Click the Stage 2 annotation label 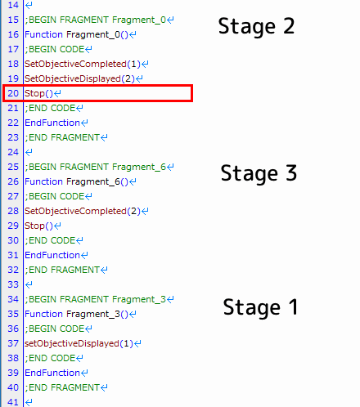tap(256, 26)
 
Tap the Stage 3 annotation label tap(259, 173)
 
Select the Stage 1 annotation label tap(260, 307)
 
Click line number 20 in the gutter tap(13, 93)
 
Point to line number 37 tap(13, 343)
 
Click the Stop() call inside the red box tap(38, 93)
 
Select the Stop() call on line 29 tap(38, 226)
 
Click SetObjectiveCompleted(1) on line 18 tap(83, 64)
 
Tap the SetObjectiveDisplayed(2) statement tap(79, 78)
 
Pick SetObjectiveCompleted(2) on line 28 tap(83, 211)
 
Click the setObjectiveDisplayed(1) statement tap(79, 343)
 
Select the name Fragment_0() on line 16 tap(97, 34)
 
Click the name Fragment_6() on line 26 tap(97, 181)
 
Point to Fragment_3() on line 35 tap(97, 314)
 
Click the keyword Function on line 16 tap(43, 34)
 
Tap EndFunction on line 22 tap(52, 123)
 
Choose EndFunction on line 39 tap(52, 373)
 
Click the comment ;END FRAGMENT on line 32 tap(62, 270)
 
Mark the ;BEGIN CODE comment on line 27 tap(55, 196)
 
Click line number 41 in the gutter tap(13, 402)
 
